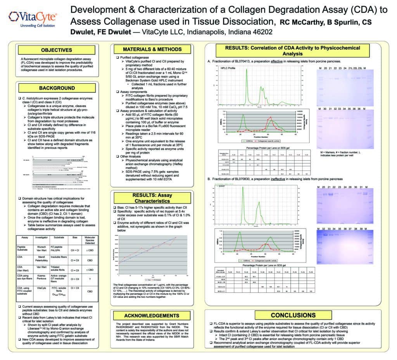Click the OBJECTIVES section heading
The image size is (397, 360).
tap(57, 50)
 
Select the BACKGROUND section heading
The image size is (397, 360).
tap(57, 88)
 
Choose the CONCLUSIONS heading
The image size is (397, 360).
tap(296, 315)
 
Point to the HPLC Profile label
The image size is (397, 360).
tap(228, 68)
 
